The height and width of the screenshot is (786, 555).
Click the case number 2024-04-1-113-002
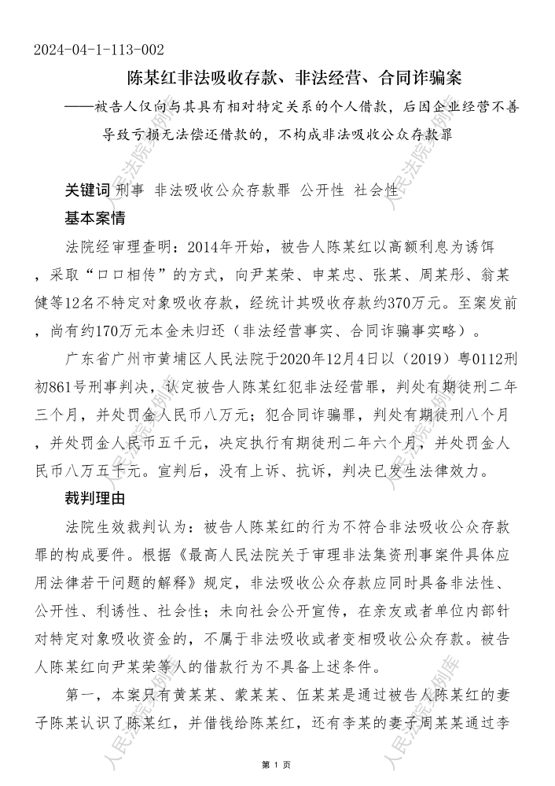(x=99, y=50)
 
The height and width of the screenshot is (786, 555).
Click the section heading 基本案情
(x=94, y=216)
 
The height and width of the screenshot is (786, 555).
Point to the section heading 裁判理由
(x=94, y=498)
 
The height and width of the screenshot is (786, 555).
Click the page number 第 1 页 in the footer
(x=277, y=764)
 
